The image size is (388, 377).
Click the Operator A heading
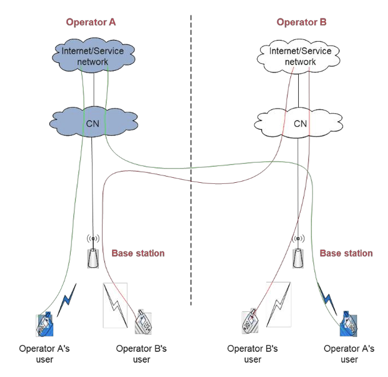tap(91, 22)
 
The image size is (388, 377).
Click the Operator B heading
tap(301, 22)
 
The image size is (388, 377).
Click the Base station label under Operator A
tap(138, 253)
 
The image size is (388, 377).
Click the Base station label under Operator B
tap(346, 253)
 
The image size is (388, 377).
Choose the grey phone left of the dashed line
tap(143, 323)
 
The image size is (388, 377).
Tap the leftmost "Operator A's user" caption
tap(44, 354)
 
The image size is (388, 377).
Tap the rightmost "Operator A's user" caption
tap(349, 354)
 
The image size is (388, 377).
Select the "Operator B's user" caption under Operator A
tap(141, 354)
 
